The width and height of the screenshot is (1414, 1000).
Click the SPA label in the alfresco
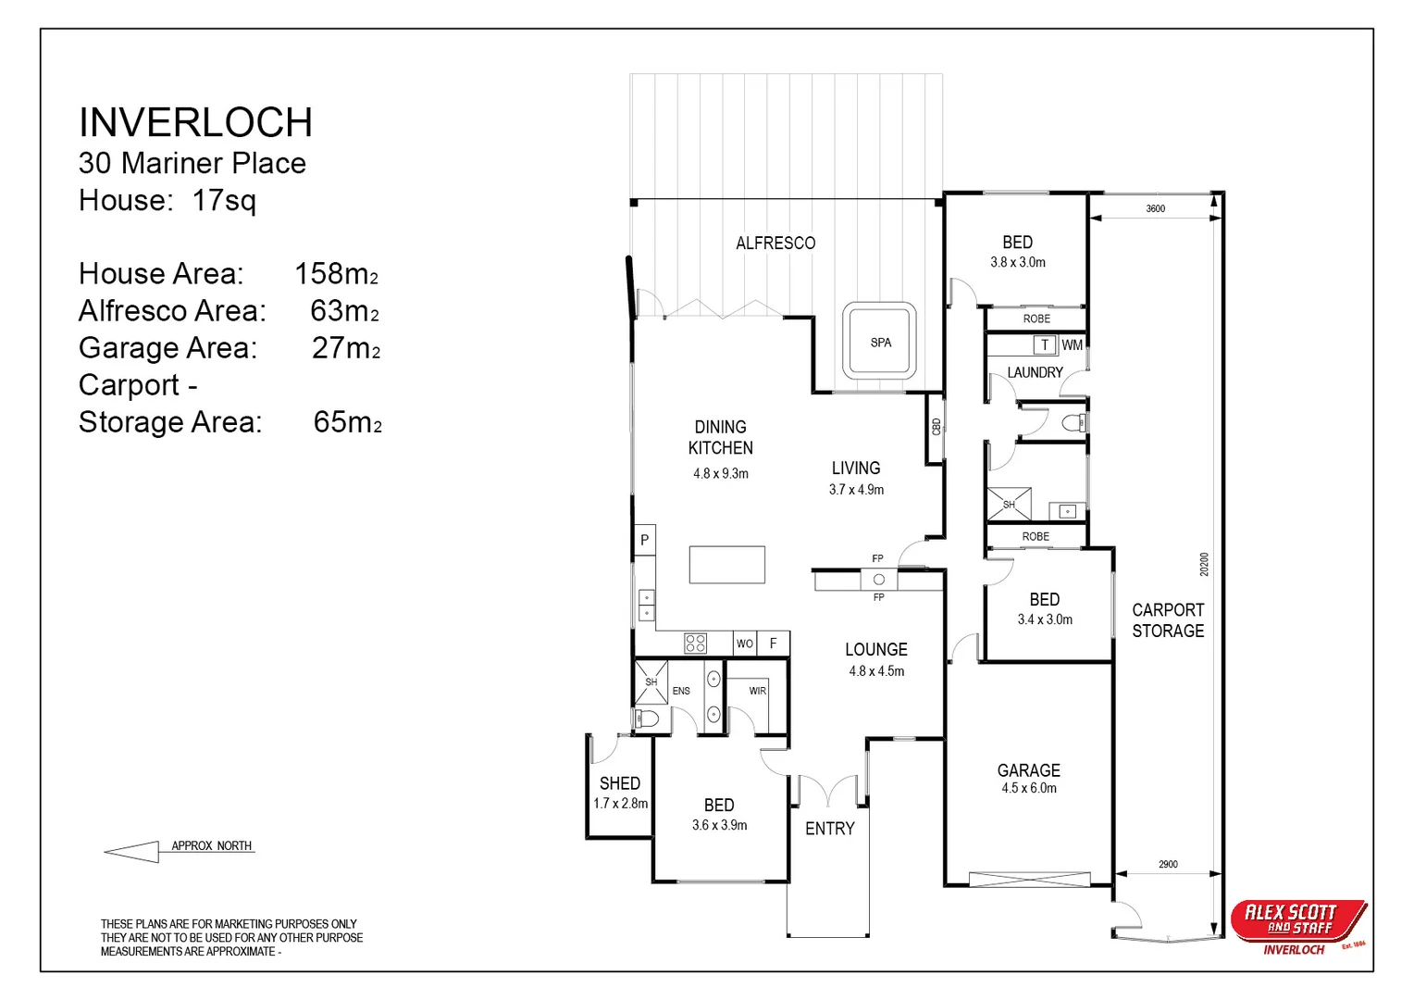(x=881, y=343)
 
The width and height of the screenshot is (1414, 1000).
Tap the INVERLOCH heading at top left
(x=195, y=122)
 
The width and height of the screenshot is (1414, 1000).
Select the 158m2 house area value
(x=337, y=273)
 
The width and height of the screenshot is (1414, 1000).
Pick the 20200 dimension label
(x=1204, y=564)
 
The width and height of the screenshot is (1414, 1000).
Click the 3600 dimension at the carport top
(x=1155, y=208)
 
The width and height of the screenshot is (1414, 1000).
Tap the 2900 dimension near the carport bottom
(x=1168, y=864)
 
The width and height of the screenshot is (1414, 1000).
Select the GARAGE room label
(x=1028, y=770)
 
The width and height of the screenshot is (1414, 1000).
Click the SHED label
(x=620, y=783)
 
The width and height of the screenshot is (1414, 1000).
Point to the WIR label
(x=758, y=691)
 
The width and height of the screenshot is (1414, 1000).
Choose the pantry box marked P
(x=644, y=540)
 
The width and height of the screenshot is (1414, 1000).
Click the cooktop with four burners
(x=695, y=644)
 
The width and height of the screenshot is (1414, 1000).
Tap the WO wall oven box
(x=745, y=644)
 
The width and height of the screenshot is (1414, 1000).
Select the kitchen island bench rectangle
(x=727, y=565)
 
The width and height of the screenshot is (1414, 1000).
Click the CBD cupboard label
(x=936, y=427)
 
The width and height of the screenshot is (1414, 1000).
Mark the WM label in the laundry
(x=1072, y=345)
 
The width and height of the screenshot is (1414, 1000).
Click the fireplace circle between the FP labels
(x=879, y=579)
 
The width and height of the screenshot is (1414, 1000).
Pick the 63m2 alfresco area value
(x=344, y=311)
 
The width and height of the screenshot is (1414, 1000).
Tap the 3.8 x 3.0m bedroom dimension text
(x=1018, y=262)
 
